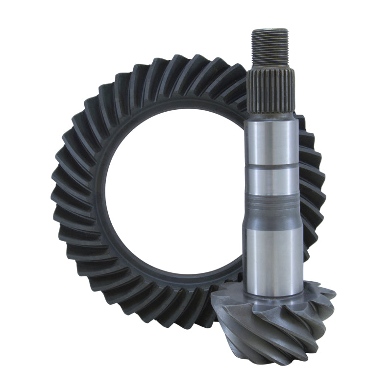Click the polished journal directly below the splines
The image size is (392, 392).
[x=271, y=142]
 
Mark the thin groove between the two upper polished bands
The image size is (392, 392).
[x=271, y=167]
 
